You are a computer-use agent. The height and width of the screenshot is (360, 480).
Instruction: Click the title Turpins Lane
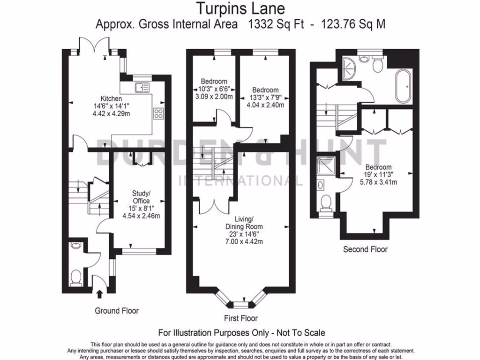point(240,8)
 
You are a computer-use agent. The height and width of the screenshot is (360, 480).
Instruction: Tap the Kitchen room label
point(111,99)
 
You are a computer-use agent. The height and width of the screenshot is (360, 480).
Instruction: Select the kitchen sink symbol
point(142,87)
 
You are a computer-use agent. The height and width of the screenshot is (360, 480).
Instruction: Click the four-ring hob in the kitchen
point(158,113)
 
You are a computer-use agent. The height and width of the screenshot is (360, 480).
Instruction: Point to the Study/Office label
point(141,196)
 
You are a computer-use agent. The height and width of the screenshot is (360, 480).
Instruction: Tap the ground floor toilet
point(75,278)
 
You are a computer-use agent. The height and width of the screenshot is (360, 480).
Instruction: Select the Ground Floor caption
point(117,310)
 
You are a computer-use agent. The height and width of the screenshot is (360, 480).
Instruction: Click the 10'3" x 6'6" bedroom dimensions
point(214,89)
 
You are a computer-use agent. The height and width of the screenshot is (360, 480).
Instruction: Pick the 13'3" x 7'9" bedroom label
point(265,97)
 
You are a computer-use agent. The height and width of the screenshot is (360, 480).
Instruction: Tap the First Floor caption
point(240,318)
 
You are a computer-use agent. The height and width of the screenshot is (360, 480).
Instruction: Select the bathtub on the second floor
point(403,86)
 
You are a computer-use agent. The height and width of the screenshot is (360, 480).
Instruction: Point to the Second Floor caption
point(365,249)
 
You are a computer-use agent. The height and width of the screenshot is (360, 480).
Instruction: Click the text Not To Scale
point(300,333)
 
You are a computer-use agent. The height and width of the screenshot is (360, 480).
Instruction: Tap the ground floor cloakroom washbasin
point(76,245)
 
